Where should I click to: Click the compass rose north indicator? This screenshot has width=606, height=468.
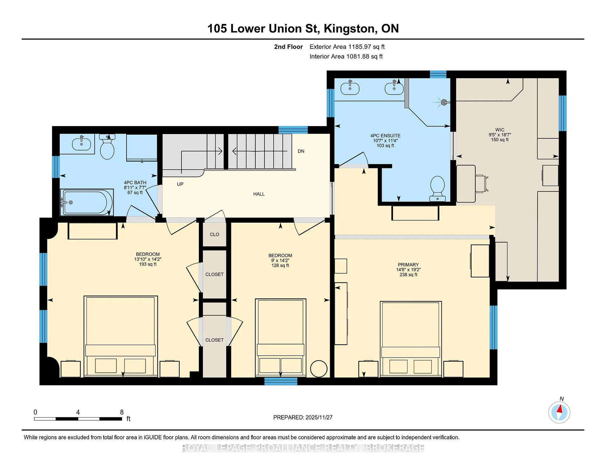pos(559,412)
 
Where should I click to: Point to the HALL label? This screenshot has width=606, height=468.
pos(259,194)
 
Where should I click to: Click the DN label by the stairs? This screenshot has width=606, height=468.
pos(301,151)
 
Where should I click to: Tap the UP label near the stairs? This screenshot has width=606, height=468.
pos(180,184)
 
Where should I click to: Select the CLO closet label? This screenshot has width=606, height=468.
pos(215,235)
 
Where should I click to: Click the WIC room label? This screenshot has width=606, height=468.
pos(500,130)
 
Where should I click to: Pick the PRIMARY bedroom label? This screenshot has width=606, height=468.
pos(408,265)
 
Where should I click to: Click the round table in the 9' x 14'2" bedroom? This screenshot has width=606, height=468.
pos(319,369)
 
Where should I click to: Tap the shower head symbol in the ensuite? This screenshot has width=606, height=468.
pos(443,102)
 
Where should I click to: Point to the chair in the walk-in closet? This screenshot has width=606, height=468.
pos(482,184)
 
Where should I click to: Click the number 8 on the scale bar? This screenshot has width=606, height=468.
pos(122,412)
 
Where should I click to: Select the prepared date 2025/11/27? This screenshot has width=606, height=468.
pos(319,418)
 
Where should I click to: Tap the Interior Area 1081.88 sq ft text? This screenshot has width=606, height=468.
pos(346,56)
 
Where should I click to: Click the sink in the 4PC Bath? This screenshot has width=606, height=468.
pos(81,144)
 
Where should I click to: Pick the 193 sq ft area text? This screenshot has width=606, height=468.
pos(148,264)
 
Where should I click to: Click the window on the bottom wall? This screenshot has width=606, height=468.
pos(281,381)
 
